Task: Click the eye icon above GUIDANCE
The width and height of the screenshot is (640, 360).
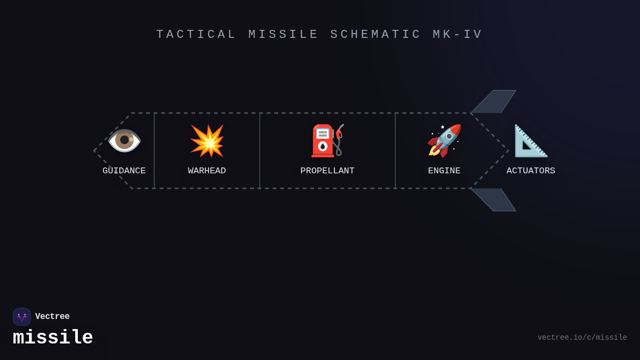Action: coord(124,140)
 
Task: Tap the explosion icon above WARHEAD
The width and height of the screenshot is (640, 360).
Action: coord(207,141)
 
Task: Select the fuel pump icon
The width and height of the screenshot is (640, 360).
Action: coord(327,141)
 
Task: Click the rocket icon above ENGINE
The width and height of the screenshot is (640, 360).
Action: coord(444,141)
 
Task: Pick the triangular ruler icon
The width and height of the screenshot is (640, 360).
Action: coord(531,141)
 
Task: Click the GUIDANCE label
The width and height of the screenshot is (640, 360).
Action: coord(124,171)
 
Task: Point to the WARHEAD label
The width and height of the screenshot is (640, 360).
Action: coord(207,171)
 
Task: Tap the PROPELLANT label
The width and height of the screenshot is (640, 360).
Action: coord(327,171)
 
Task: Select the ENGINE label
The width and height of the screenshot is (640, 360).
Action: coord(444,171)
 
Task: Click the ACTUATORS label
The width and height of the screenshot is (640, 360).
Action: coord(531,171)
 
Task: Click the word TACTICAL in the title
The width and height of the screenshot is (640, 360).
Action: coord(196,35)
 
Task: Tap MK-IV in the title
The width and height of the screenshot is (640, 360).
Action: coord(458,35)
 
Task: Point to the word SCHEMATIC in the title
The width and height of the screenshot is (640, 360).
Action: coord(376,35)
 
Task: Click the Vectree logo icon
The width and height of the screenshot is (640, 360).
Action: coord(22,317)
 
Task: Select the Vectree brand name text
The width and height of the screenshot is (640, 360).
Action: coord(52,317)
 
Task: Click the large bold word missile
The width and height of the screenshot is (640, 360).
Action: coord(53,338)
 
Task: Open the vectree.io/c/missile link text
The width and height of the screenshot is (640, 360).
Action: coord(582,338)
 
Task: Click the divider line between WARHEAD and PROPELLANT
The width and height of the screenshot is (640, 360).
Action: coord(260,150)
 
